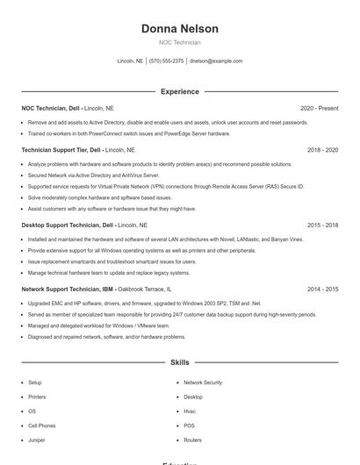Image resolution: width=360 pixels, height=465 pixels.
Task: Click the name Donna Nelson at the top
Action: [179, 29]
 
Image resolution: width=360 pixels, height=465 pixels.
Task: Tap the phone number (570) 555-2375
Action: [166, 61]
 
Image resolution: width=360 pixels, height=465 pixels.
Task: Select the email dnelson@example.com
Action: [216, 61]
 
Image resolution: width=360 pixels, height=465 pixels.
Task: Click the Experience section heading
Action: [179, 91]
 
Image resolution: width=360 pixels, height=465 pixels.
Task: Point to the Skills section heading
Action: [179, 361]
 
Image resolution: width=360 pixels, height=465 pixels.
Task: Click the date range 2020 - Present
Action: [319, 109]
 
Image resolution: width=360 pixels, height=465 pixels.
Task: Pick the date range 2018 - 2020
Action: [322, 150]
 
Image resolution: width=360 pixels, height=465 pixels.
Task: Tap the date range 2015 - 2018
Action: [322, 225]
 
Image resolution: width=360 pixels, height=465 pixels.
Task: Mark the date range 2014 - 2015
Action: [322, 289]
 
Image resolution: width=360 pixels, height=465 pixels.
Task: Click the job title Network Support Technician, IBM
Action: [66, 289]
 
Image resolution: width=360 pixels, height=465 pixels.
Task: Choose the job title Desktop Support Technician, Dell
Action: [68, 225]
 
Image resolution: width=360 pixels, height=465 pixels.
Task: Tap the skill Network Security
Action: [203, 383]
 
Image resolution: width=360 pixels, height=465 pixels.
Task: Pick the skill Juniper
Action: [36, 440]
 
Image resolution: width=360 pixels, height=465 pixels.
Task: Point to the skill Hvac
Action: [190, 411]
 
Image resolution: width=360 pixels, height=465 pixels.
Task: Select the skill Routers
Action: [192, 440]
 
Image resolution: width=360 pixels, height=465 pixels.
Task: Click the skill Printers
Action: [36, 397]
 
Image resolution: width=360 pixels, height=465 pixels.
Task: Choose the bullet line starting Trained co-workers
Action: [128, 134]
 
